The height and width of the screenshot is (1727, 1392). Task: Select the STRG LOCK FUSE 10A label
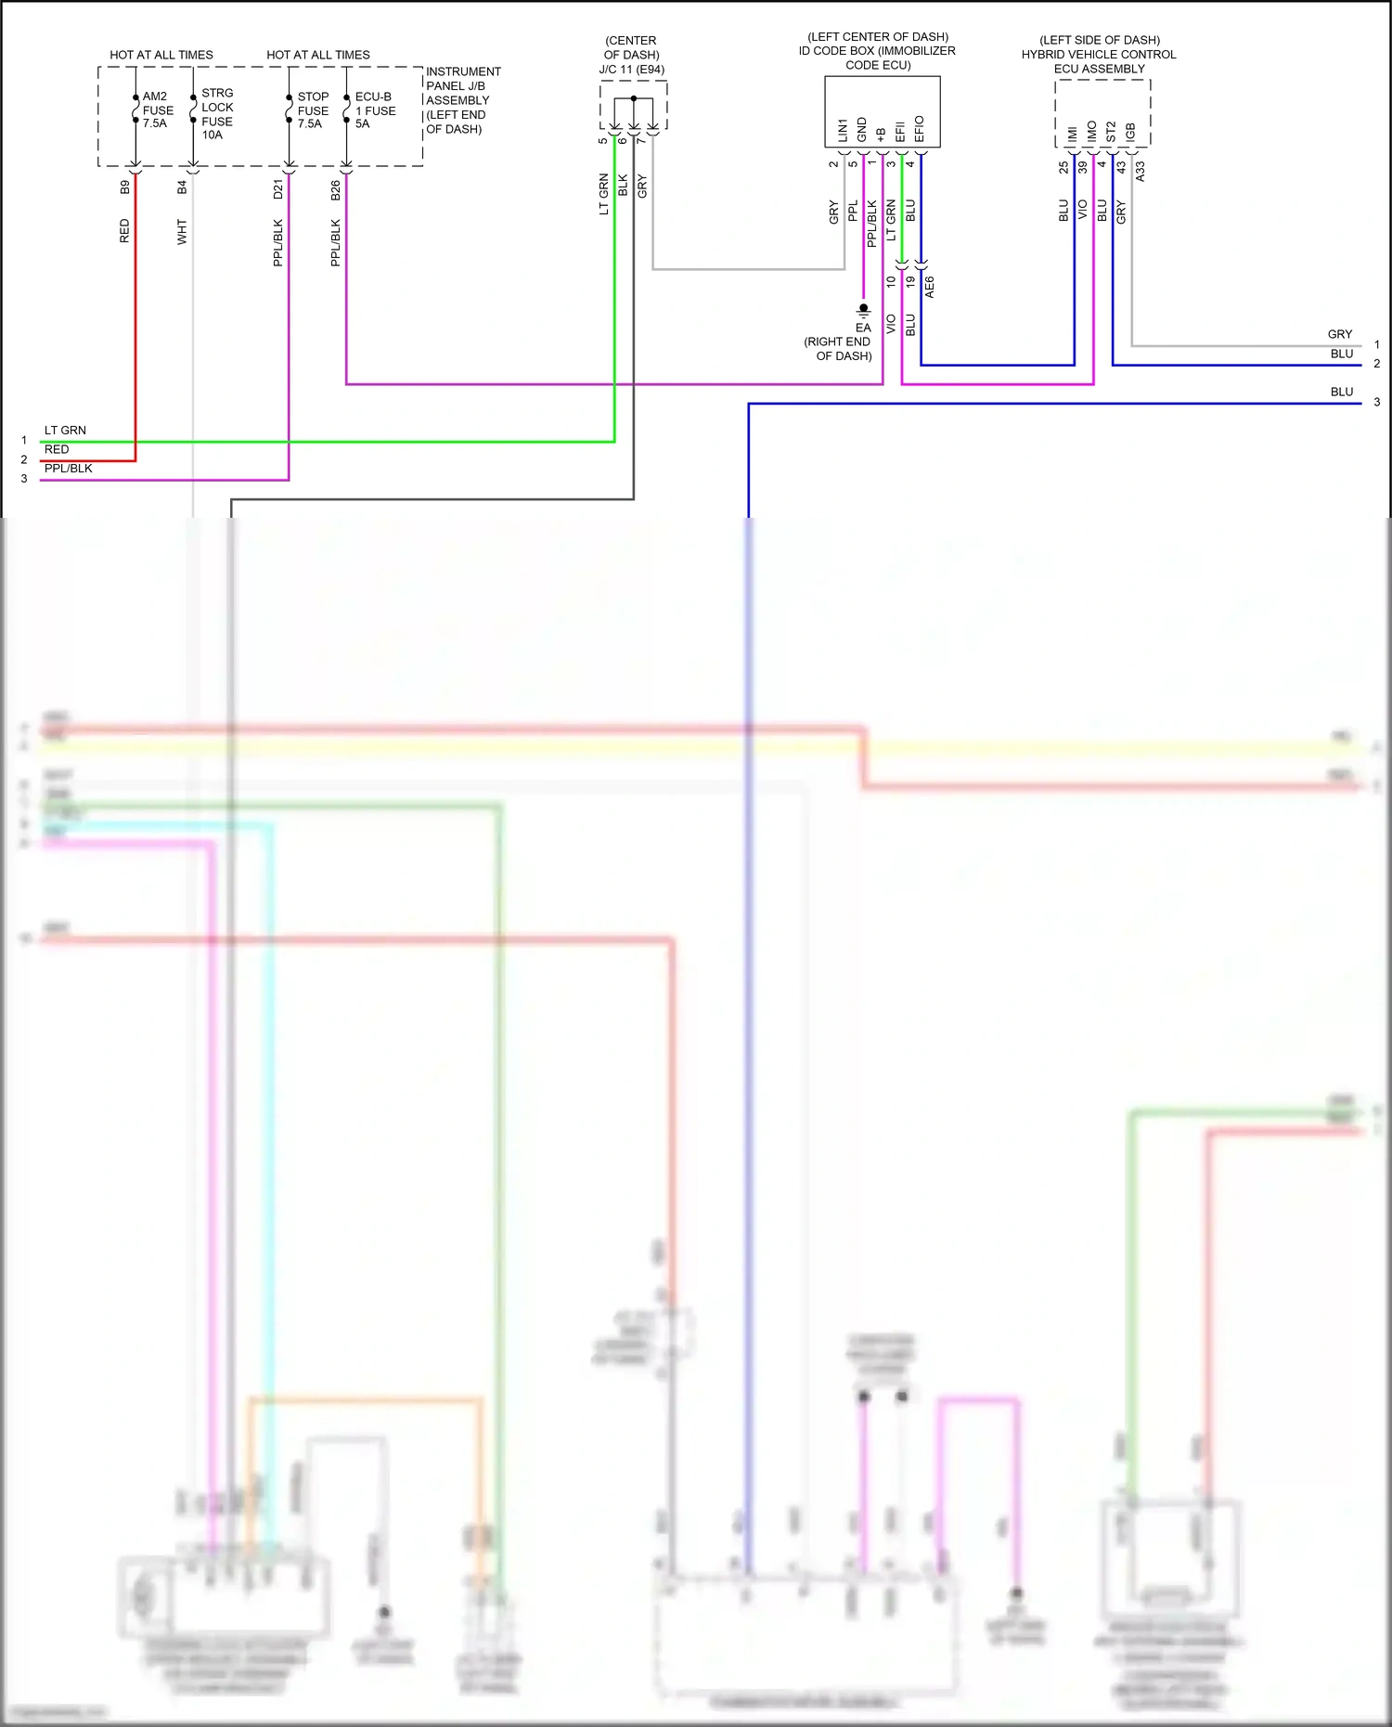(217, 113)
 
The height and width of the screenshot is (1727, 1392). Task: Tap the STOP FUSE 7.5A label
(313, 110)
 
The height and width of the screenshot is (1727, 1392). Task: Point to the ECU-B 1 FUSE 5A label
(375, 110)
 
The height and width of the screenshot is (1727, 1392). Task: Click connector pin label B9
(125, 187)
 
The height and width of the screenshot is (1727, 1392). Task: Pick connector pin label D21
(278, 189)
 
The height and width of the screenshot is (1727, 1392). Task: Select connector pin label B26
(336, 190)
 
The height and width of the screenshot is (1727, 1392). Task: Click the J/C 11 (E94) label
(631, 70)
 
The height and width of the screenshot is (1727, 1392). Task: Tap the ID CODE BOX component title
(877, 51)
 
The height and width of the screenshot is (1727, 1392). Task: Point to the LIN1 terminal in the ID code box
(843, 130)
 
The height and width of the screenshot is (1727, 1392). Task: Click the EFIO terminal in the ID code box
(920, 129)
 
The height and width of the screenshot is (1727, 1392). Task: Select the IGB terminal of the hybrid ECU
(1130, 132)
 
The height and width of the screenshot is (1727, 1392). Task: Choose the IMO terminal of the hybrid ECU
(1092, 132)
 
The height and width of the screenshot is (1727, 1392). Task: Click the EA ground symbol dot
(864, 308)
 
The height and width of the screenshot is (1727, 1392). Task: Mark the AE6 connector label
(930, 287)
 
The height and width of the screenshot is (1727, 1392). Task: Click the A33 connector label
(1141, 171)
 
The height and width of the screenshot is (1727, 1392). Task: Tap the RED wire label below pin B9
(125, 231)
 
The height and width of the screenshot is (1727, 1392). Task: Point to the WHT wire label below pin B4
(182, 232)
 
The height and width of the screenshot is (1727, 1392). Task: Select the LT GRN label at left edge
(65, 431)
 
